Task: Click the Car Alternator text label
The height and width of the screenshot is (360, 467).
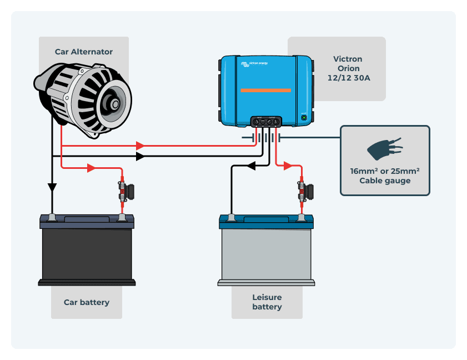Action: tap(83, 52)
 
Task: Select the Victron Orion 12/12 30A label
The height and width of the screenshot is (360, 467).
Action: tap(348, 68)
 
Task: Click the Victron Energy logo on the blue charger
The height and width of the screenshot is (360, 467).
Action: tap(254, 64)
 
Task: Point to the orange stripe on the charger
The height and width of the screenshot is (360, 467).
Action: tap(265, 90)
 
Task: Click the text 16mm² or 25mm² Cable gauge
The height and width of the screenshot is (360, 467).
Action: tap(385, 176)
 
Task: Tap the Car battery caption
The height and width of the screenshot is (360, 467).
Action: tap(87, 302)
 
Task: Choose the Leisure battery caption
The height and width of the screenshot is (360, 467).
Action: tap(267, 302)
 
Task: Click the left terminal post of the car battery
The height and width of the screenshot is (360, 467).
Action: tap(52, 216)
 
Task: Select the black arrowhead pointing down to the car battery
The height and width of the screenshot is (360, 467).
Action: tap(52, 188)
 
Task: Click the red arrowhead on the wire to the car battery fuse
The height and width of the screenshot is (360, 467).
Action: tap(91, 168)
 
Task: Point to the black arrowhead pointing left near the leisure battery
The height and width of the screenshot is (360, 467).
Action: tap(250, 166)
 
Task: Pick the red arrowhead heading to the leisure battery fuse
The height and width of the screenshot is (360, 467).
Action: tap(287, 166)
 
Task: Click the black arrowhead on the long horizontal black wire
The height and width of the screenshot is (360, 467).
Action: tap(140, 157)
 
